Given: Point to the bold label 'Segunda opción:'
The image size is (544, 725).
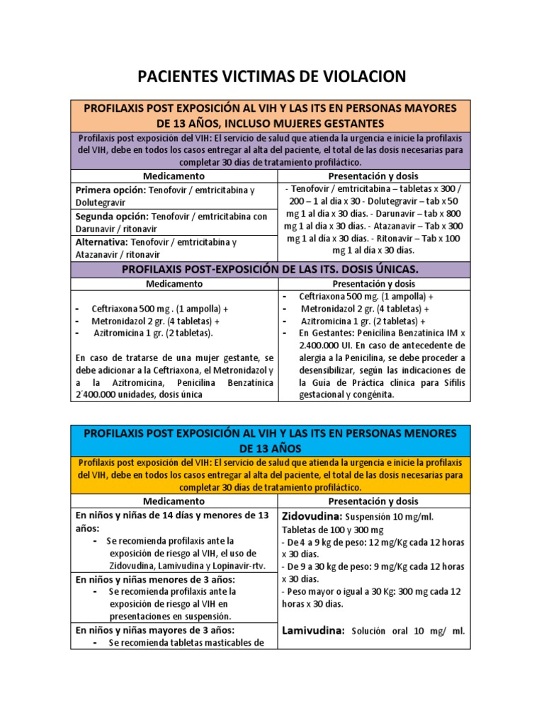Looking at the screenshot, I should click(112, 217).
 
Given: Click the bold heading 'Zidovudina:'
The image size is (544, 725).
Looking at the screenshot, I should click(312, 515).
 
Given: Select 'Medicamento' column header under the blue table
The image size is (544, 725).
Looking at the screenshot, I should click(174, 501).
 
